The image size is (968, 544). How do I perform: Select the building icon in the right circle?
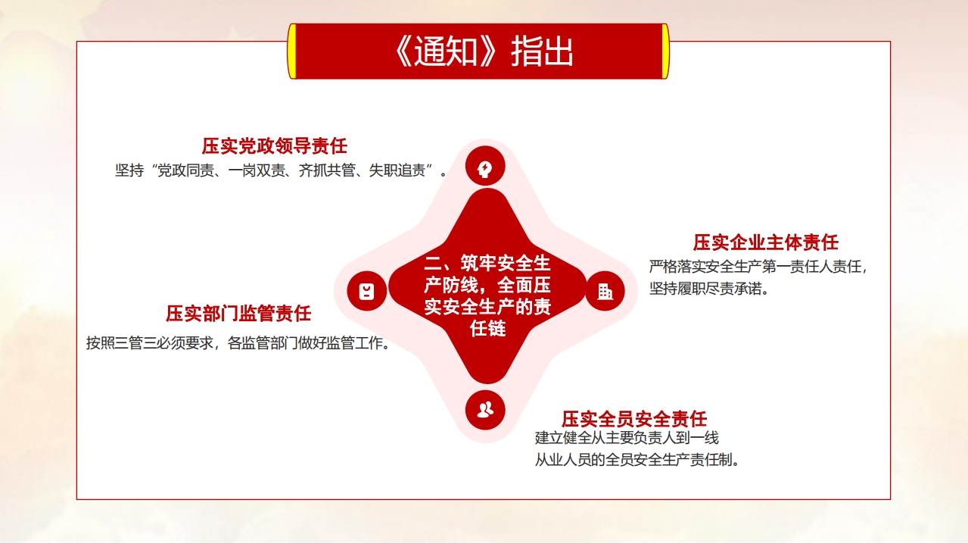pyautogui.click(x=605, y=292)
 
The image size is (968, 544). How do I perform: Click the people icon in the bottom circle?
pyautogui.click(x=485, y=409)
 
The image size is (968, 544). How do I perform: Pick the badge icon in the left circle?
pyautogui.click(x=366, y=291)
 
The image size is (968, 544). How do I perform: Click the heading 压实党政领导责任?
pyautogui.click(x=275, y=145)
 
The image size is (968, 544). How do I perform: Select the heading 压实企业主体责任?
pyautogui.click(x=766, y=242)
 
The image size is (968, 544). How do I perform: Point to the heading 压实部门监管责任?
pyautogui.click(x=238, y=314)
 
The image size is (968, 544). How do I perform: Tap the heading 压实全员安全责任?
pyautogui.click(x=634, y=419)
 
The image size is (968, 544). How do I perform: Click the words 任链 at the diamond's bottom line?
pyautogui.click(x=488, y=329)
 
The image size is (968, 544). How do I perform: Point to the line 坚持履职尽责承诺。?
pyautogui.click(x=709, y=288)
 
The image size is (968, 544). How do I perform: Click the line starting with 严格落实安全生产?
pyautogui.click(x=758, y=267)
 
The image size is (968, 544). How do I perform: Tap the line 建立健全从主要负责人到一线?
pyautogui.click(x=627, y=438)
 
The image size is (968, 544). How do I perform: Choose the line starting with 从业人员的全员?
pyautogui.click(x=637, y=460)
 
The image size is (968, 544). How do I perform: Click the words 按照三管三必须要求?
pyautogui.click(x=150, y=343)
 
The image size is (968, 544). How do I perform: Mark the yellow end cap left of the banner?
pyautogui.click(x=292, y=52)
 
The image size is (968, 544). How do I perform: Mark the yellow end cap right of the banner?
pyautogui.click(x=665, y=52)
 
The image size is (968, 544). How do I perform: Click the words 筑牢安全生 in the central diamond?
pyautogui.click(x=505, y=263)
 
